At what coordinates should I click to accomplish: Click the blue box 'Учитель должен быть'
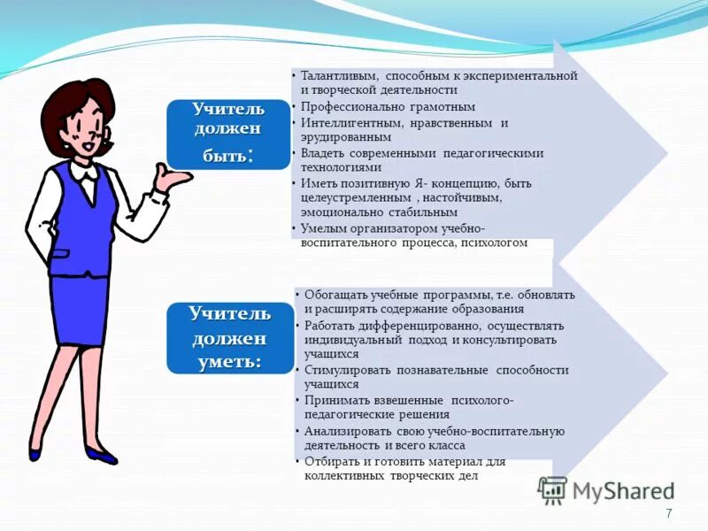[228, 134]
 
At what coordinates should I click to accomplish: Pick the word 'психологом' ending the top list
[494, 242]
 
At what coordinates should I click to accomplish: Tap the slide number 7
[668, 513]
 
